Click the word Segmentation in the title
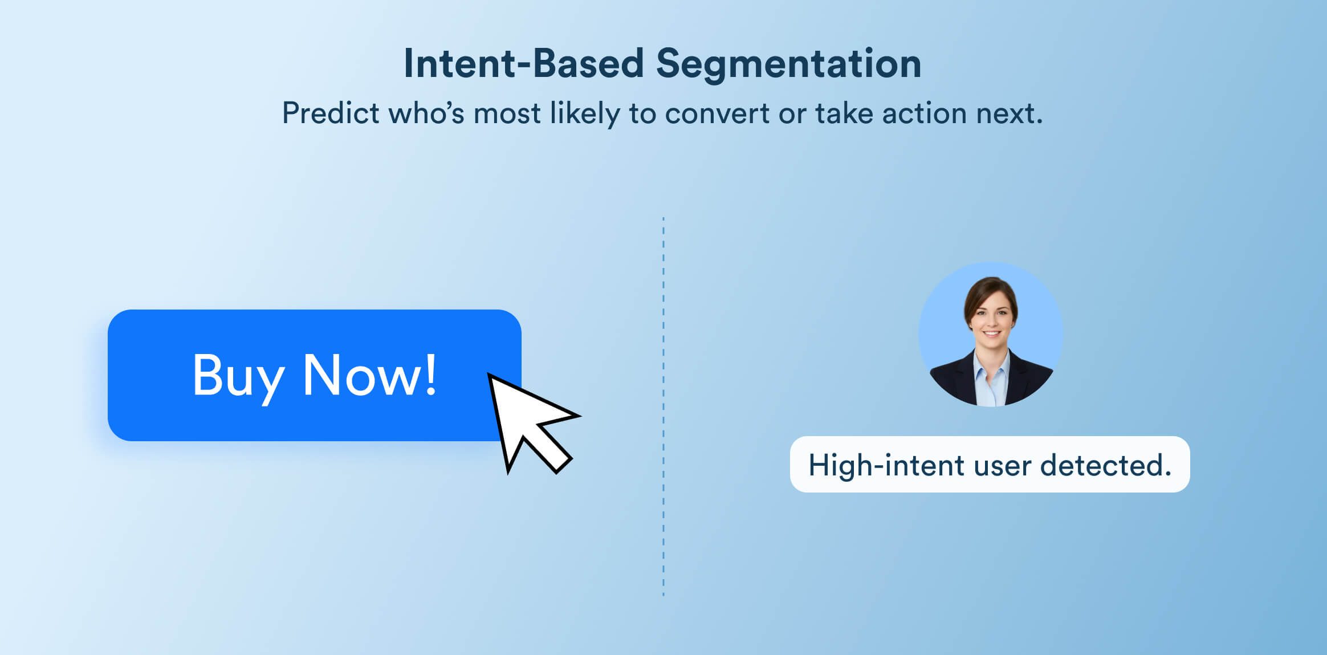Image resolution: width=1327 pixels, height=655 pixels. click(788, 64)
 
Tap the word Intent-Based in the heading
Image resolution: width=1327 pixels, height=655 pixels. click(523, 64)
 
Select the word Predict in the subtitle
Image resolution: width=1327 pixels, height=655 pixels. click(331, 113)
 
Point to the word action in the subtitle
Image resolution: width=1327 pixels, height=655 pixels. click(925, 113)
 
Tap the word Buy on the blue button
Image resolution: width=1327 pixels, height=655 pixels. click(238, 376)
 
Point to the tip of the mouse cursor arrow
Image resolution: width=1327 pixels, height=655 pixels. click(490, 376)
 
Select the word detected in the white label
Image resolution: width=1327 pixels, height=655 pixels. click(1105, 465)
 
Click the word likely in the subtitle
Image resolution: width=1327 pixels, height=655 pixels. click(584, 113)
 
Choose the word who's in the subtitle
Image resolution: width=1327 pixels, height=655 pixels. click(426, 113)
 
